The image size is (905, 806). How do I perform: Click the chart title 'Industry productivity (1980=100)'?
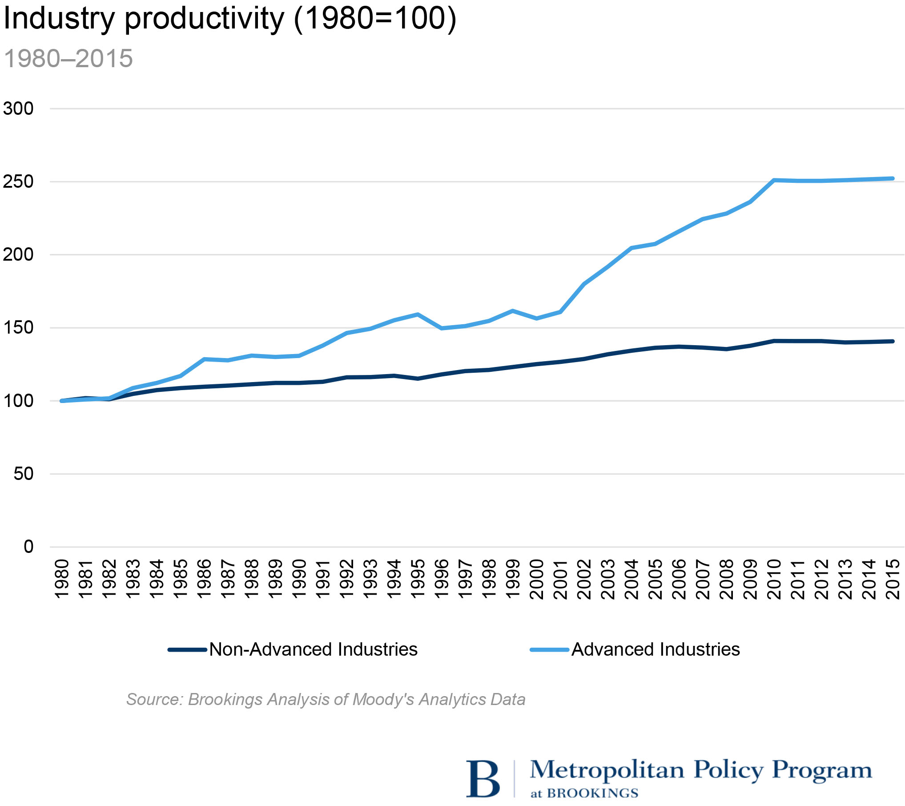point(230,19)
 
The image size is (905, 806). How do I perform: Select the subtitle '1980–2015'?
point(68,58)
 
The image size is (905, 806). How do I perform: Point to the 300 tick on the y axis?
point(18,109)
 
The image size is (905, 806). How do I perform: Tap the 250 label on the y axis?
point(18,181)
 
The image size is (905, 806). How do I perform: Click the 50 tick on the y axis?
point(24,474)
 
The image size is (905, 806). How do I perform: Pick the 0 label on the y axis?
point(28,547)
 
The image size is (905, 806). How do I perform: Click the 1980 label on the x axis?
point(62,579)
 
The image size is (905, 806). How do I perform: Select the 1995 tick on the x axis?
point(418,579)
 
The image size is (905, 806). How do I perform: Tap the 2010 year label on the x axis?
point(774,579)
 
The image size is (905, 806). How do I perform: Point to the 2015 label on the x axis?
point(893,579)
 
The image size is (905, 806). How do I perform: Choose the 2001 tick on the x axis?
point(560,579)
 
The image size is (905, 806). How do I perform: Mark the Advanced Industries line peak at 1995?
point(418,314)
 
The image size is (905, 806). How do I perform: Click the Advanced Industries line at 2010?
point(774,180)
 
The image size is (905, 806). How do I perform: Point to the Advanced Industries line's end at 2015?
point(893,179)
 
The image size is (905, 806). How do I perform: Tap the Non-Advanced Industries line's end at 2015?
point(893,341)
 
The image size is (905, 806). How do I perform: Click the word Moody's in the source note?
point(383,699)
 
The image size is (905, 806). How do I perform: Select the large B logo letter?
point(483,779)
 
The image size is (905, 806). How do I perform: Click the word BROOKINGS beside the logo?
point(592,793)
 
